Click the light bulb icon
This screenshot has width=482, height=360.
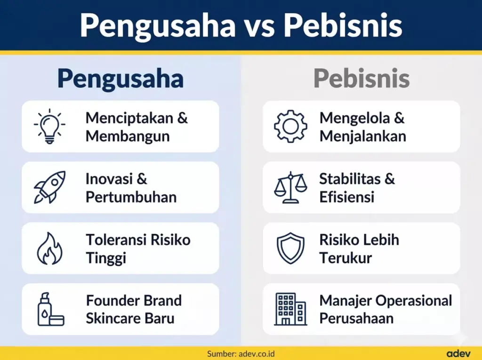(x=49, y=126)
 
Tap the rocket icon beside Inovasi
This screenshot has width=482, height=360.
(x=49, y=187)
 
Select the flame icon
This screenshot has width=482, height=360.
(x=49, y=248)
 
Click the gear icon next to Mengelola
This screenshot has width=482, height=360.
(x=290, y=126)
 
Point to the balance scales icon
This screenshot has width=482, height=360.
(x=290, y=187)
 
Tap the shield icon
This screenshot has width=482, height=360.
(x=290, y=248)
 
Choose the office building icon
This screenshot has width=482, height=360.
(x=290, y=309)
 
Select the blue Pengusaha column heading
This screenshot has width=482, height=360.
(x=120, y=79)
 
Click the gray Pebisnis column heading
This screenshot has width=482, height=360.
(x=361, y=79)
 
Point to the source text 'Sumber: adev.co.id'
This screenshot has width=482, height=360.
(x=241, y=353)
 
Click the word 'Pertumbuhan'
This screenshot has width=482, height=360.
(x=131, y=197)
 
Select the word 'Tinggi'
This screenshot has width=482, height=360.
(x=106, y=258)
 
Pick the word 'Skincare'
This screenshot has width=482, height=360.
(x=113, y=318)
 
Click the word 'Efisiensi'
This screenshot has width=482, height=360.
(x=346, y=197)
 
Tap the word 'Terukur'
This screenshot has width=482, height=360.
(x=345, y=258)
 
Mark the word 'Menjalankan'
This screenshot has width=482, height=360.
(x=362, y=136)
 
